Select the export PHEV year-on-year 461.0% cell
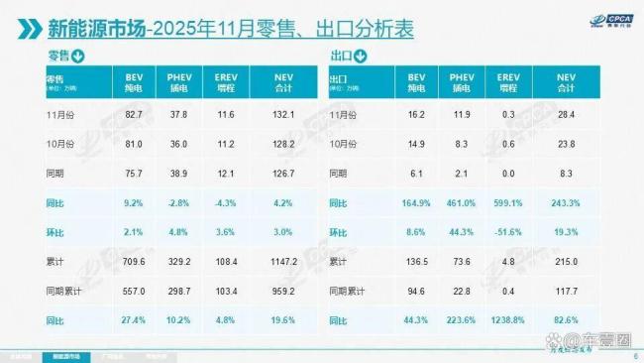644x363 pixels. pos(461,203)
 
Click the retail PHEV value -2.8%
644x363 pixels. pos(178,203)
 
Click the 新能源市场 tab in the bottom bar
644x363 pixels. pos(60,354)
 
